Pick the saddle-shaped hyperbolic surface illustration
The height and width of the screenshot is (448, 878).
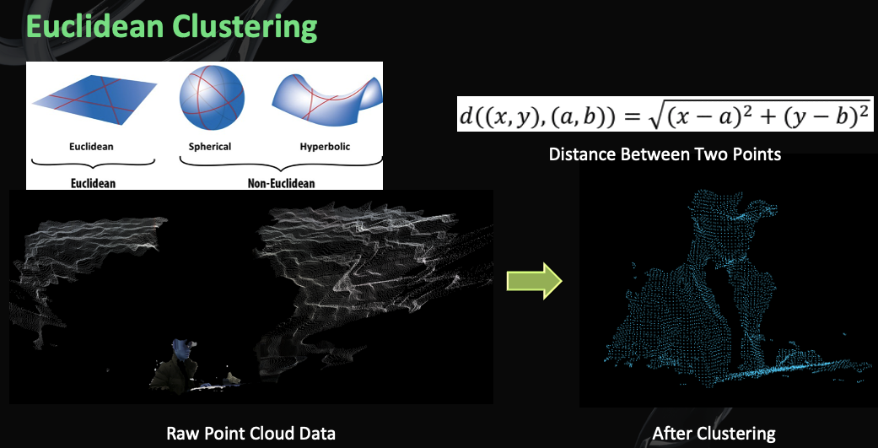point(326,100)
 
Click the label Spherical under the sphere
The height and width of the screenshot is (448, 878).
point(210,147)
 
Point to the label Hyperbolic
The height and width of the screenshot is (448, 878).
point(325,147)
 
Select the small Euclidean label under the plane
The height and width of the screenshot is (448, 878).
point(91,147)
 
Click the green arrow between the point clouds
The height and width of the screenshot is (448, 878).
point(534,280)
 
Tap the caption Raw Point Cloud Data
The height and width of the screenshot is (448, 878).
point(250,434)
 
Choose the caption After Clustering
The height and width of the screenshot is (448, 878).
point(714,434)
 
